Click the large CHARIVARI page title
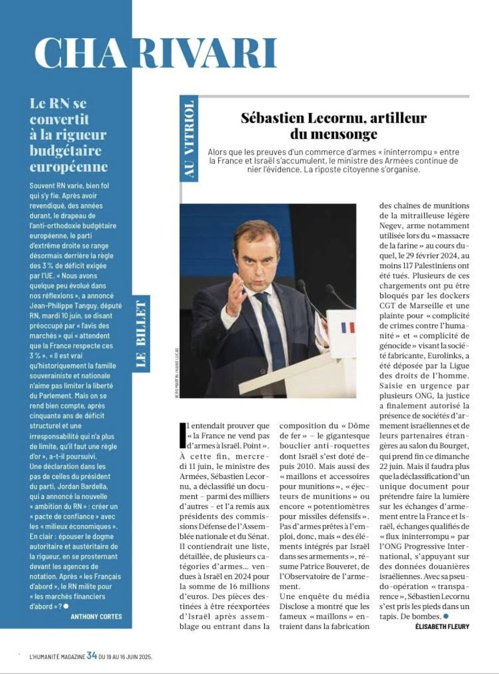155,53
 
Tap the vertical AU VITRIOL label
188,139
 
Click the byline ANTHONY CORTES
96,617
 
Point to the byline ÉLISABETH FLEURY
442,627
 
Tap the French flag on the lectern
347,327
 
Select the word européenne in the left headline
68,167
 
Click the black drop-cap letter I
182,435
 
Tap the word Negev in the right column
391,226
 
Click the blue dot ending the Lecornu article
446,617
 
